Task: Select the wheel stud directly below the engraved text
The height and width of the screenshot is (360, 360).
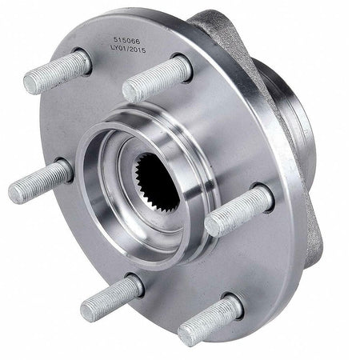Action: pyautogui.click(x=156, y=78)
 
